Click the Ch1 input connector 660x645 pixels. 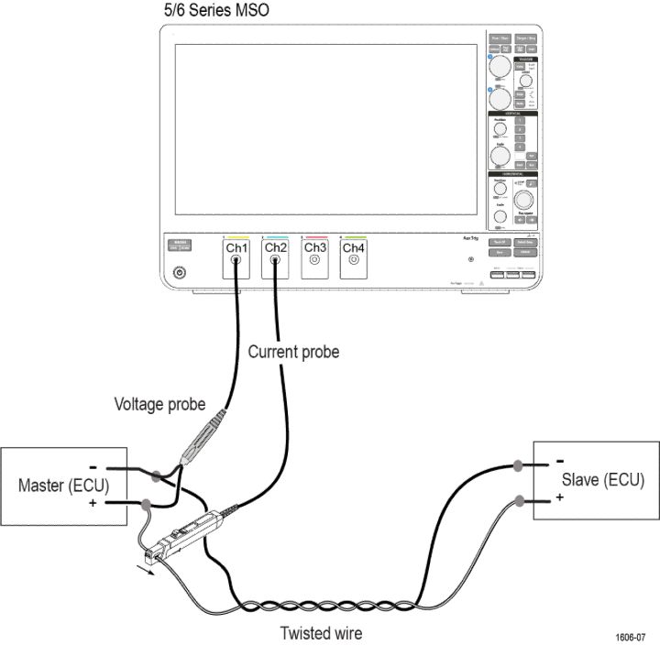click(236, 261)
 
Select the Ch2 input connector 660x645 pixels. click(276, 261)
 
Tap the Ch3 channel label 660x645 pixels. click(314, 248)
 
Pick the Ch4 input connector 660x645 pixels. click(354, 261)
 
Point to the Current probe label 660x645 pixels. click(293, 351)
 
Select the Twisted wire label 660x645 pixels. click(321, 632)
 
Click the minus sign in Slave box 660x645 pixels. click(558, 461)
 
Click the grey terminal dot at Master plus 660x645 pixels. click(148, 503)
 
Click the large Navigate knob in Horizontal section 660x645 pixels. click(525, 199)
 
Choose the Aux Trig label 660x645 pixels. click(469, 239)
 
